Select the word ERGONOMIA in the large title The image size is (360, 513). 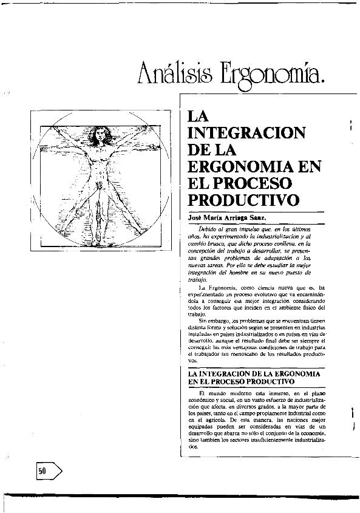click(x=238, y=166)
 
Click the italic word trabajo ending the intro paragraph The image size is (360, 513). click(x=198, y=280)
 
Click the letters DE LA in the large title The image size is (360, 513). click(x=212, y=149)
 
